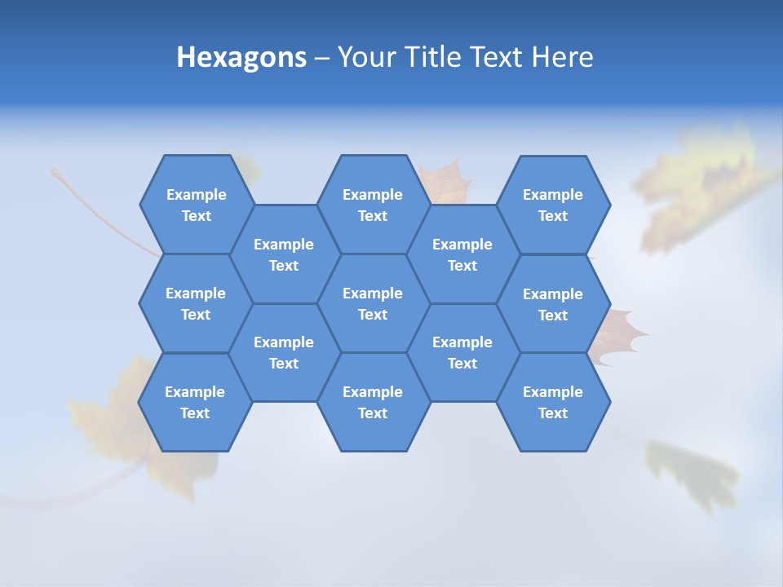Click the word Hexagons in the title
tap(241, 57)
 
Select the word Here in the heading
tap(562, 57)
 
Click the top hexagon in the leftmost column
tap(197, 205)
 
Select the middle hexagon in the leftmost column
tap(196, 303)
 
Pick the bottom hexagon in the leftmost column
tap(195, 402)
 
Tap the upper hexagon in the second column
tap(284, 254)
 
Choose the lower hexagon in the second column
tap(284, 352)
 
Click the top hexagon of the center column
tap(373, 205)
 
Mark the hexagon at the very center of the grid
tap(373, 303)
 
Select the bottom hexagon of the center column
tap(373, 402)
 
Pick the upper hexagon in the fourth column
tap(462, 254)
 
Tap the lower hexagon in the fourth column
tap(462, 352)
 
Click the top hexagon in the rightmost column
tap(553, 205)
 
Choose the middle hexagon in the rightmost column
tap(553, 304)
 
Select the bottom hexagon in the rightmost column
tap(553, 402)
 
